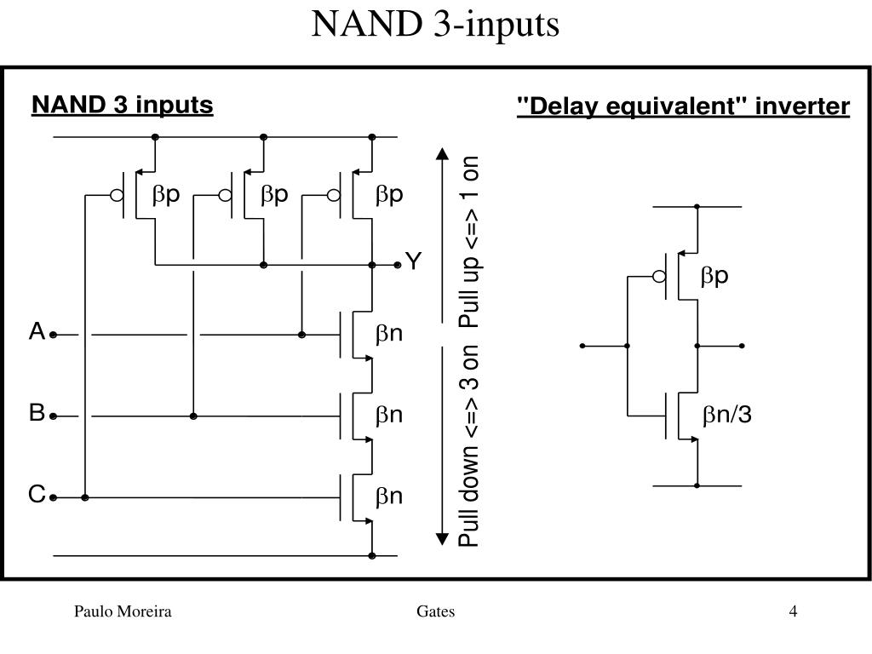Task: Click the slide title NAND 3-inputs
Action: click(435, 25)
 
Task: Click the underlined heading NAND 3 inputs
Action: click(123, 105)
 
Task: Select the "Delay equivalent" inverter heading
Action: click(684, 106)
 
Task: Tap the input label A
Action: click(37, 332)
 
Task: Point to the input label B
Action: click(37, 414)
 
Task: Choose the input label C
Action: click(37, 494)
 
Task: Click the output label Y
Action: click(413, 261)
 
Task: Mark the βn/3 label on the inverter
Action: click(726, 416)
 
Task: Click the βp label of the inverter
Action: click(715, 276)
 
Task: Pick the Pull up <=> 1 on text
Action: click(470, 240)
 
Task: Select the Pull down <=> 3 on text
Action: click(470, 446)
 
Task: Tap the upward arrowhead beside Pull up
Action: click(442, 154)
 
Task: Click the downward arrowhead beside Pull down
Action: click(442, 538)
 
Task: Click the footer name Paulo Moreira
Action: click(123, 611)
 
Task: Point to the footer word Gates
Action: click(436, 611)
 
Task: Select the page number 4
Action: click(793, 611)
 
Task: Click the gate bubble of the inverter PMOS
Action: click(658, 276)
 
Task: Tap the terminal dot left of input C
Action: click(53, 496)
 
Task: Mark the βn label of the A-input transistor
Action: click(389, 334)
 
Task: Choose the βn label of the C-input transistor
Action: click(389, 496)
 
